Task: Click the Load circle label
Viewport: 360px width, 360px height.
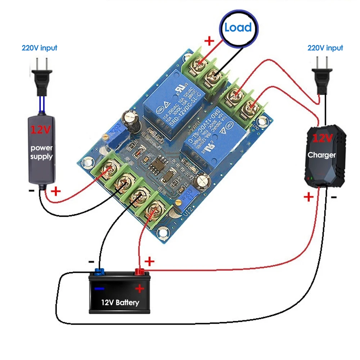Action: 238,28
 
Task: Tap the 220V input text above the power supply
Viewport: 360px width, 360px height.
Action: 39,48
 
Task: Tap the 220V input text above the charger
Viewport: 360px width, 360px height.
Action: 325,48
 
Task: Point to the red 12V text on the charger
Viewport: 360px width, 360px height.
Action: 323,138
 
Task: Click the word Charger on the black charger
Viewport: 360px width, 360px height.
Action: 321,155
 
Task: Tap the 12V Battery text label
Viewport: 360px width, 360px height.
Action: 120,302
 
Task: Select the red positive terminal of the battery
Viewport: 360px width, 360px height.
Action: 139,272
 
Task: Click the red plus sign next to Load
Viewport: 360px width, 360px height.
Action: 209,41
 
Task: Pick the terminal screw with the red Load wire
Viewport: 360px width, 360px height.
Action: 199,64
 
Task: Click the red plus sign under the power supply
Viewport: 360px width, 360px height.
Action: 56,191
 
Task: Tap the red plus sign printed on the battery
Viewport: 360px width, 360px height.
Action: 139,288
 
